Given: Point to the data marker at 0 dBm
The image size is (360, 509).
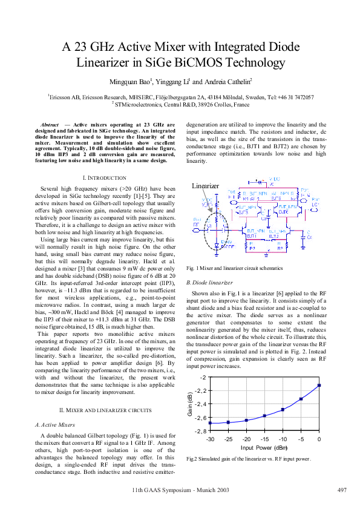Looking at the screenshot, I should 319,385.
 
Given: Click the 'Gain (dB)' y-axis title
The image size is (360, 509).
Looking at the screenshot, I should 189,405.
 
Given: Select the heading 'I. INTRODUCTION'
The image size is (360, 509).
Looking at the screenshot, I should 103,178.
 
